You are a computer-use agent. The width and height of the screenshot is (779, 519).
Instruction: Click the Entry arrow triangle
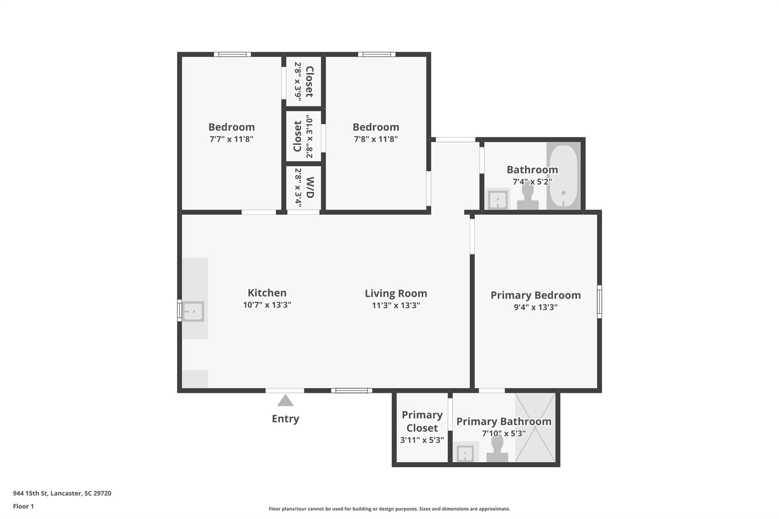pyautogui.click(x=285, y=401)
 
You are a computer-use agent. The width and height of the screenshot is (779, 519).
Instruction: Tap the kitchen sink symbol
pyautogui.click(x=193, y=311)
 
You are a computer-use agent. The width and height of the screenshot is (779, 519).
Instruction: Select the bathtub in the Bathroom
pyautogui.click(x=563, y=176)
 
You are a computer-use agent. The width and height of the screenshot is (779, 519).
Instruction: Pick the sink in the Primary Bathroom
pyautogui.click(x=465, y=454)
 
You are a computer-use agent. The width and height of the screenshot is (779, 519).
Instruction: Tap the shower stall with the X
pyautogui.click(x=535, y=428)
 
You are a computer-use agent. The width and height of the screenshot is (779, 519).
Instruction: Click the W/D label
pyautogui.click(x=310, y=187)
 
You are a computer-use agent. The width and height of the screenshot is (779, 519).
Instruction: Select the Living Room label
pyautogui.click(x=396, y=294)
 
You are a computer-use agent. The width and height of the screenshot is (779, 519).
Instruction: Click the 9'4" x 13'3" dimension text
pyautogui.click(x=535, y=307)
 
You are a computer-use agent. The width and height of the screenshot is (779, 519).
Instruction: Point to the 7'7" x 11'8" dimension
pyautogui.click(x=231, y=139)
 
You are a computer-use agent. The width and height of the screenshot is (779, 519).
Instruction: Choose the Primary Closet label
pyautogui.click(x=422, y=421)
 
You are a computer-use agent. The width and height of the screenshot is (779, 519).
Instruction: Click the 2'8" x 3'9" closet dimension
pyautogui.click(x=298, y=81)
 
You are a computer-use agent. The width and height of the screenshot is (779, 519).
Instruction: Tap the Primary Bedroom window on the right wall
pyautogui.click(x=599, y=302)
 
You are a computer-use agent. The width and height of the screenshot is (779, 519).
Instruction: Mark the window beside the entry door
pyautogui.click(x=351, y=390)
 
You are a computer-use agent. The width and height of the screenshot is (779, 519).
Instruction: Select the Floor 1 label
pyautogui.click(x=23, y=506)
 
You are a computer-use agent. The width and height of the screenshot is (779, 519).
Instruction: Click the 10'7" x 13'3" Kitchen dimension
pyautogui.click(x=267, y=305)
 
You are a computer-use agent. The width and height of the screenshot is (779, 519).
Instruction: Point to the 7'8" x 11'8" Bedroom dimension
pyautogui.click(x=376, y=139)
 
